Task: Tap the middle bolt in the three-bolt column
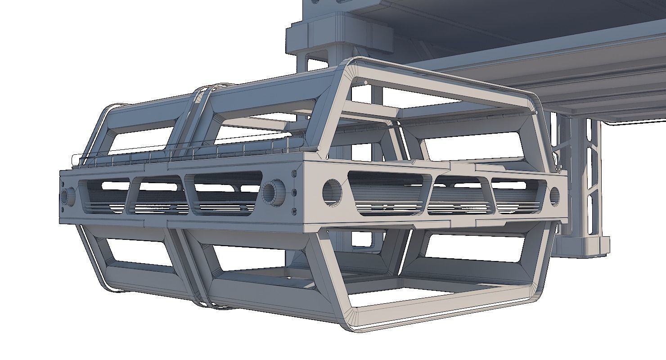click(294, 193)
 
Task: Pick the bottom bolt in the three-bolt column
click(294, 211)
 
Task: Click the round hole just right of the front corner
click(332, 192)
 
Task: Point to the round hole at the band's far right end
click(554, 196)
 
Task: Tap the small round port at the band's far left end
click(68, 197)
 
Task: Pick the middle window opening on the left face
click(157, 194)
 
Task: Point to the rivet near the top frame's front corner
click(365, 82)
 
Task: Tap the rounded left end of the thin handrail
click(75, 158)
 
